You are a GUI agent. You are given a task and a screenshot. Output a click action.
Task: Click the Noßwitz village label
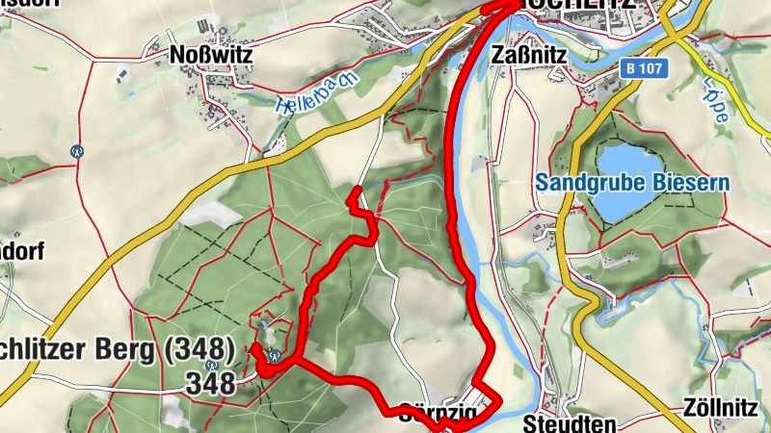pyautogui.click(x=210, y=55)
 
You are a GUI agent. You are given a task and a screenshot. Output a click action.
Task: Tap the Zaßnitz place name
pyautogui.click(x=528, y=55)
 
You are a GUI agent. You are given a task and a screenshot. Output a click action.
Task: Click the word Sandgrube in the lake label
pyautogui.click(x=580, y=182)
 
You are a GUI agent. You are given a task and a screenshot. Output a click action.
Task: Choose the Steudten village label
pyautogui.click(x=555, y=422)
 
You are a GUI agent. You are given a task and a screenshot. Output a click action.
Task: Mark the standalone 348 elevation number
pyautogui.click(x=212, y=384)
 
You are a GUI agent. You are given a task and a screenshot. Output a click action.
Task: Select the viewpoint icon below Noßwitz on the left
pyautogui.click(x=77, y=150)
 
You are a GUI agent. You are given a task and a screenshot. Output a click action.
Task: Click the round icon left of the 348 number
pyautogui.click(x=211, y=366)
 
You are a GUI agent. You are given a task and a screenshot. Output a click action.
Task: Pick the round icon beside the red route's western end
pyautogui.click(x=275, y=354)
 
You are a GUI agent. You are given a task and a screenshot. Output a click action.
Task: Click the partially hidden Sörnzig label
pyautogui.click(x=434, y=415)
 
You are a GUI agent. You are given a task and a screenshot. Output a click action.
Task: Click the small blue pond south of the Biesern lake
pyautogui.click(x=608, y=313)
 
